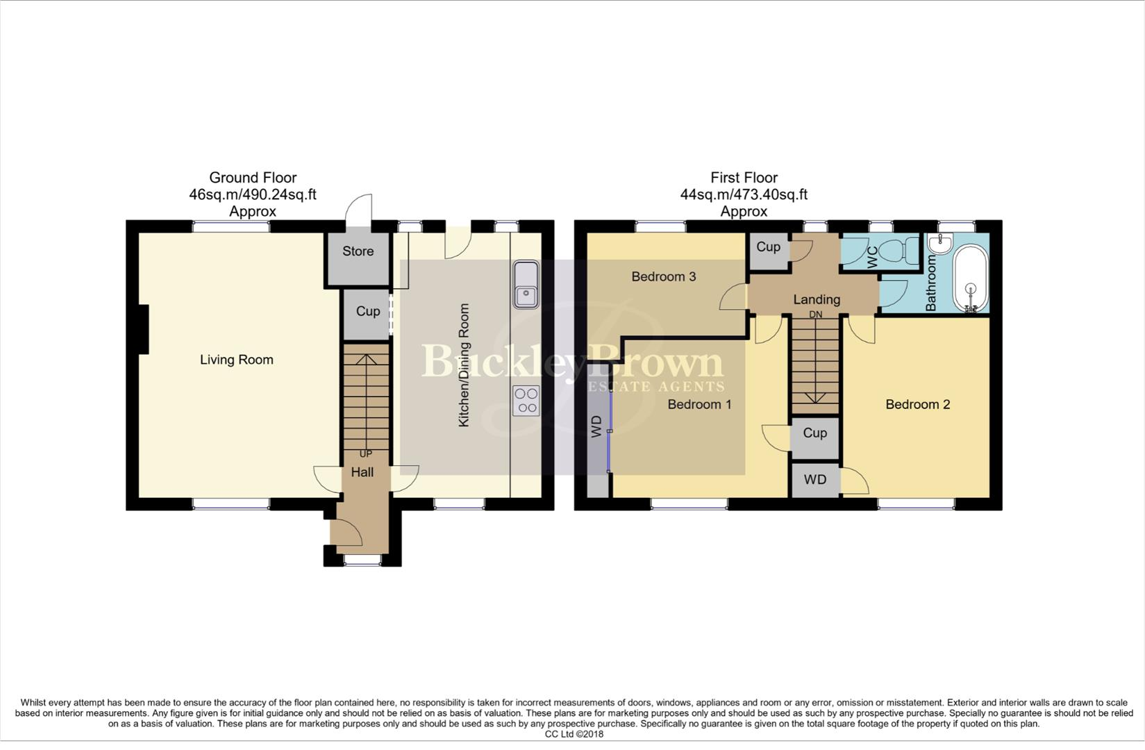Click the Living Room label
236,360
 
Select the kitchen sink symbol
526,285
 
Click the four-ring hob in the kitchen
526,401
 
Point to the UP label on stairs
365,454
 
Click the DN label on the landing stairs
815,315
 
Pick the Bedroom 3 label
663,276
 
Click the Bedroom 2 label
917,404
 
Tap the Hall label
362,472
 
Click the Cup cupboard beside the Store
367,311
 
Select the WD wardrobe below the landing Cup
815,480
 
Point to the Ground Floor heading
253,178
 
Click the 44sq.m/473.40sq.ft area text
744,194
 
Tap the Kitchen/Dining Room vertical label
464,365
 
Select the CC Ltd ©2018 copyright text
574,734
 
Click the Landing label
817,299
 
